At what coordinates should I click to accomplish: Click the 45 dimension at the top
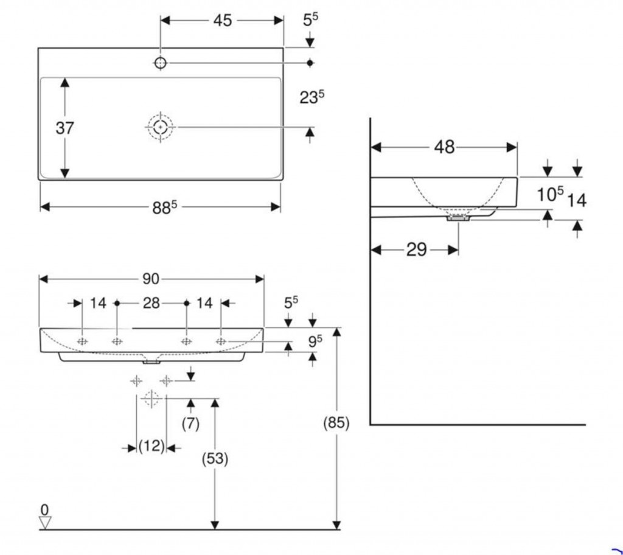[222, 21]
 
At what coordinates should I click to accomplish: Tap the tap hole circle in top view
[161, 62]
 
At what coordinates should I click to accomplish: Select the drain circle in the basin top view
[160, 127]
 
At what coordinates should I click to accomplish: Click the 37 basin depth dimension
[64, 128]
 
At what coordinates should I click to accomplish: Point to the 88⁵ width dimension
[164, 207]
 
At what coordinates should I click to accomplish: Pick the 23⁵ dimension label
[311, 97]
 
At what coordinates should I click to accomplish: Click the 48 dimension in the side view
[445, 147]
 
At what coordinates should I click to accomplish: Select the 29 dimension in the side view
[417, 250]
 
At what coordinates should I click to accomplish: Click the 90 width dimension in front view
[151, 279]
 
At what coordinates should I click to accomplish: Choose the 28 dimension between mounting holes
[151, 302]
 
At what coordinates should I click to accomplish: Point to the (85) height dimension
[336, 424]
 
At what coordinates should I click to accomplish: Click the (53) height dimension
[215, 460]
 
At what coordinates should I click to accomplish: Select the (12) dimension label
[151, 447]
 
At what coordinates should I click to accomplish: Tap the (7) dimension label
[190, 424]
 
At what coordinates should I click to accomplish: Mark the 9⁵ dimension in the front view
[314, 342]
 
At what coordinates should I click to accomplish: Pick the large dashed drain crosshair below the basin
[151, 399]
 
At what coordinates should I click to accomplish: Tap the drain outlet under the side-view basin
[458, 218]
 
